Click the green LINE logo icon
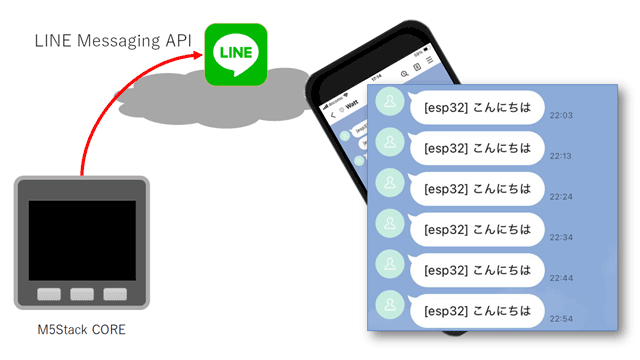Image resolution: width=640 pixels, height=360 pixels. click(x=236, y=50)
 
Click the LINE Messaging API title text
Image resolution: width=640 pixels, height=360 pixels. click(x=113, y=42)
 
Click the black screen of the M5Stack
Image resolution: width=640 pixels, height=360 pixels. click(x=82, y=240)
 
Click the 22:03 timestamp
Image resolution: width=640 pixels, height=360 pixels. click(x=562, y=116)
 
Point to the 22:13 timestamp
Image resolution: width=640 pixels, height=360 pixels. click(x=562, y=156)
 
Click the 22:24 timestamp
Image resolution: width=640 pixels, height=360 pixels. click(x=562, y=196)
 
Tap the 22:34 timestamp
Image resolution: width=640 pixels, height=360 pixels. click(x=562, y=236)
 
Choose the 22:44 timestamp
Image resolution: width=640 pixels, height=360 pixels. click(x=562, y=276)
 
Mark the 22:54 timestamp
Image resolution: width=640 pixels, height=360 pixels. click(x=562, y=316)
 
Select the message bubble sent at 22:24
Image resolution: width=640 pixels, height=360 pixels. click(x=477, y=188)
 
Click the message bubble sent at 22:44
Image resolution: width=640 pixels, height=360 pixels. click(x=477, y=269)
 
